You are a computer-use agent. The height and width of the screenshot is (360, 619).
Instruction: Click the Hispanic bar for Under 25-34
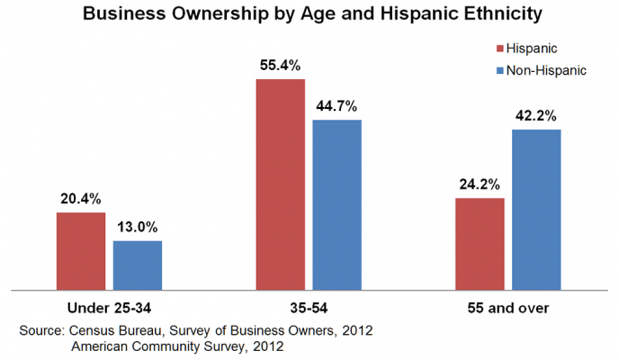point(81,251)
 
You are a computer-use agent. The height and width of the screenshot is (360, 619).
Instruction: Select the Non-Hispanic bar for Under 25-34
point(137,265)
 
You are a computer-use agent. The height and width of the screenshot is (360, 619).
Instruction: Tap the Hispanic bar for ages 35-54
point(281,184)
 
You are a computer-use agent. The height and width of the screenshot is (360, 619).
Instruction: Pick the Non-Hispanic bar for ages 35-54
point(336,204)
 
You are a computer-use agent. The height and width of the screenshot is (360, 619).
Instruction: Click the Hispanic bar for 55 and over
point(480,244)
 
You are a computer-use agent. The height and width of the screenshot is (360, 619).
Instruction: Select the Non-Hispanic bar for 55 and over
point(536,210)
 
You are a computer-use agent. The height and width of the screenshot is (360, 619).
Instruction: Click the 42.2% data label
point(536,116)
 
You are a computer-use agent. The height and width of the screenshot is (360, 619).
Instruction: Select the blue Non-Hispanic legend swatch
point(498,68)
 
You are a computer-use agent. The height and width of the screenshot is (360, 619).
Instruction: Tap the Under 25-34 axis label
point(110,308)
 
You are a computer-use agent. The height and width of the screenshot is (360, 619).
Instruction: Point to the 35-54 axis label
point(309,308)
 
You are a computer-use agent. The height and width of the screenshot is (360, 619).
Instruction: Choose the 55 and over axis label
point(508,308)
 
